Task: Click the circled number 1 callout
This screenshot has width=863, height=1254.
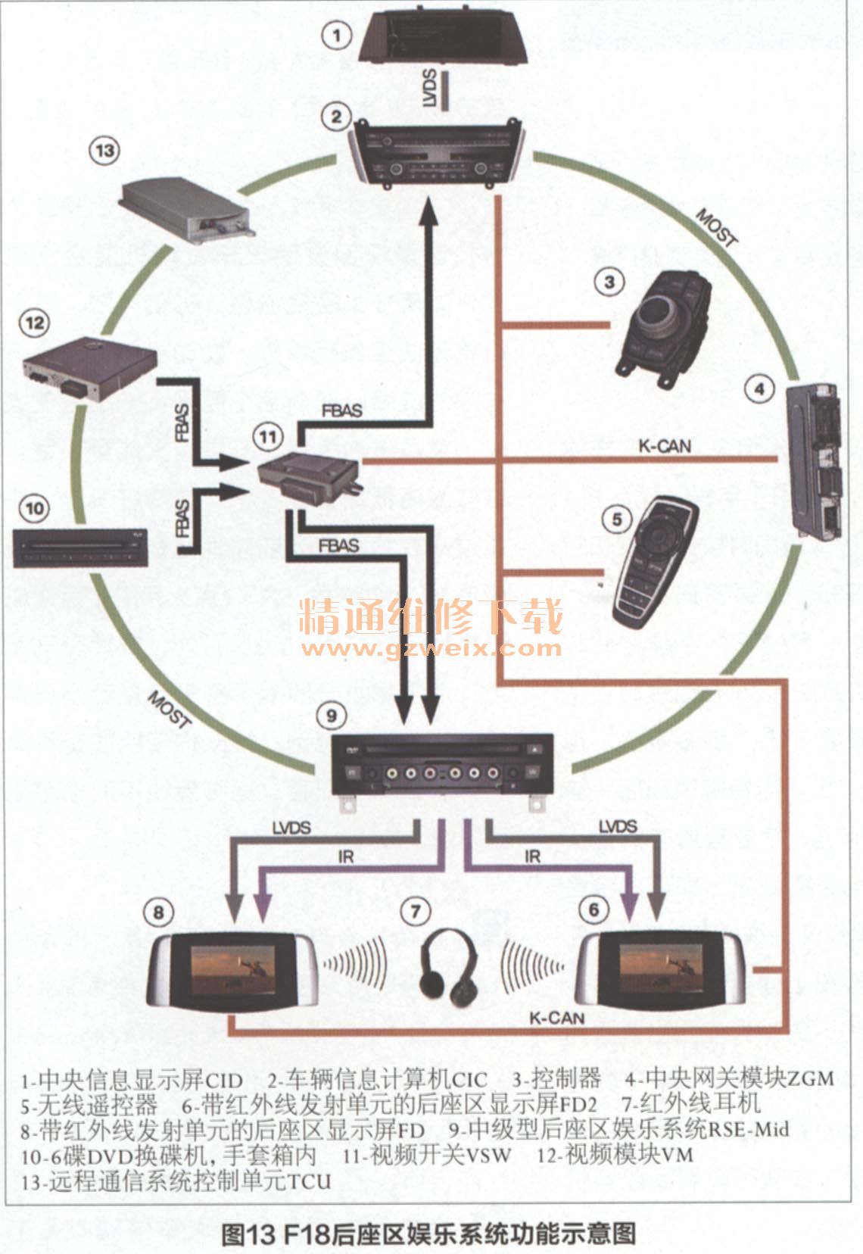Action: point(336,34)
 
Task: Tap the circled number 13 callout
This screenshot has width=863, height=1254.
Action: point(104,151)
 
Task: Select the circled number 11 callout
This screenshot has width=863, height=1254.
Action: point(267,437)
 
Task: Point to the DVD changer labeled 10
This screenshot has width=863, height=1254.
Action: point(80,547)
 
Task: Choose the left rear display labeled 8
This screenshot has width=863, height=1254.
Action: point(231,970)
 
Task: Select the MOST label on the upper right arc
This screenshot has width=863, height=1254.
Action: point(716,226)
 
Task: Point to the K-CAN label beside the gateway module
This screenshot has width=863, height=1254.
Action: point(665,446)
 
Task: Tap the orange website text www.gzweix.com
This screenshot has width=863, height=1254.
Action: point(431,648)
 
